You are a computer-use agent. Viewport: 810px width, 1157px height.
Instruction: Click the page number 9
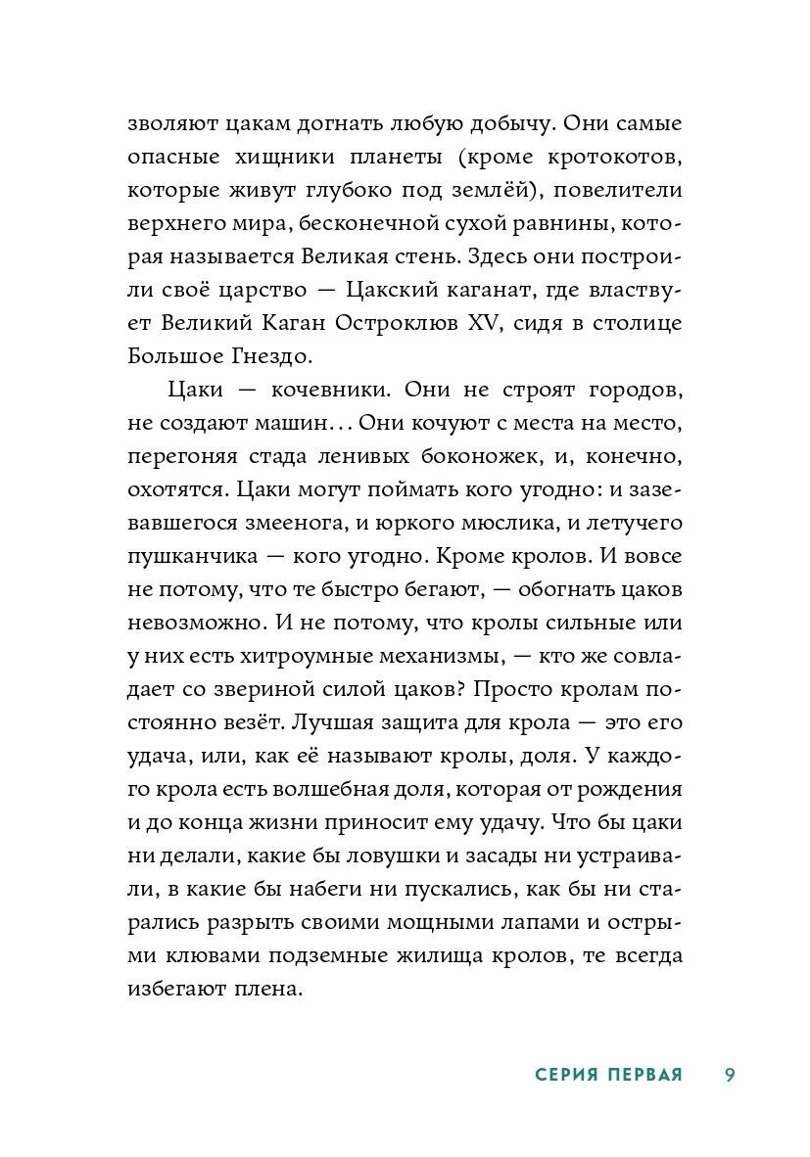click(730, 1075)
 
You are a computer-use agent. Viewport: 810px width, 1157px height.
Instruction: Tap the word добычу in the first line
click(518, 126)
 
